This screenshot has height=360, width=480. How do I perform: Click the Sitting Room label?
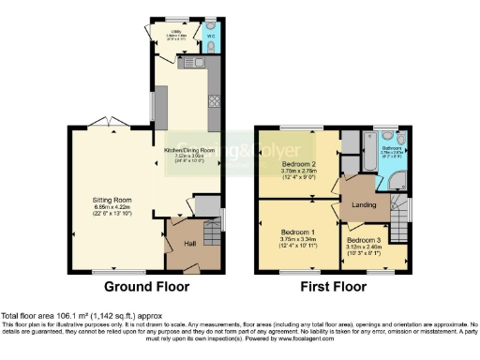111,200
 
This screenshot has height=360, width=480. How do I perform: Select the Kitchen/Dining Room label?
190,150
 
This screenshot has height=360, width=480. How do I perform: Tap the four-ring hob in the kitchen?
215,99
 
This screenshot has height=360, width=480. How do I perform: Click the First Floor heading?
332,286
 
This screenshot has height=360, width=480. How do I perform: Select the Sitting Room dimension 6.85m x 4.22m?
111,208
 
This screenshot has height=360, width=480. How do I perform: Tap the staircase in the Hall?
205,205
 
